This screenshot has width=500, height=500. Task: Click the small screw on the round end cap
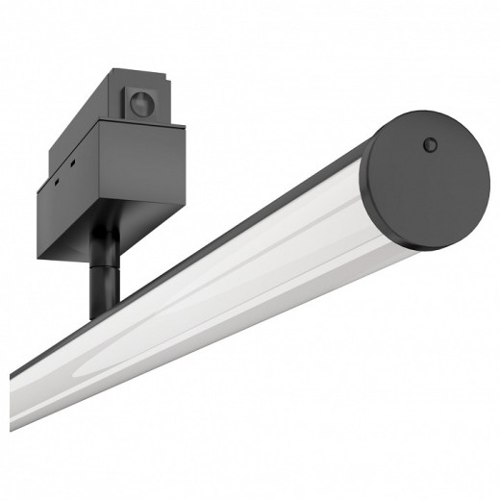(430, 145)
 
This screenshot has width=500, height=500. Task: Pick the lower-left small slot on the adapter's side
(55, 183)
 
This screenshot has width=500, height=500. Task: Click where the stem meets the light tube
(102, 315)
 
